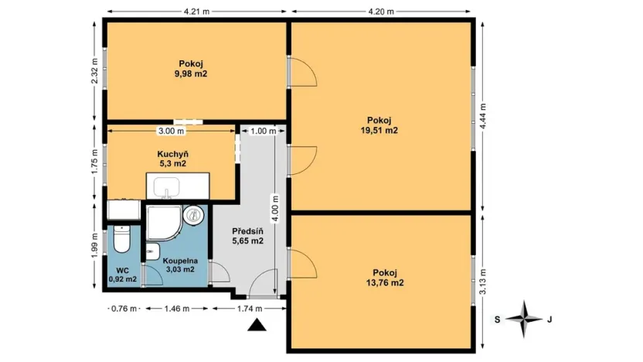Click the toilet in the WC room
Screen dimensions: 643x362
click(121, 239)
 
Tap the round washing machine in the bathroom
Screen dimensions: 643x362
click(193, 215)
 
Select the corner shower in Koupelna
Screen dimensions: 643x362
click(164, 223)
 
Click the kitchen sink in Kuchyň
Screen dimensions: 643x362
click(166, 188)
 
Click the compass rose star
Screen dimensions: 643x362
click(524, 319)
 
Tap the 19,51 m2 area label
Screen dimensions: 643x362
click(379, 131)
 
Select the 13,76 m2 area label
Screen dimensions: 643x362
click(385, 282)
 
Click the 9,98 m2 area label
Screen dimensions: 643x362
click(191, 74)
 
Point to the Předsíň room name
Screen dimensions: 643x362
click(247, 231)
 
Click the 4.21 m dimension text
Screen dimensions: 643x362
click(196, 12)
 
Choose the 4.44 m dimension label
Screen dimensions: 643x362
click(483, 116)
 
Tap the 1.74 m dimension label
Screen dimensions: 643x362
click(250, 309)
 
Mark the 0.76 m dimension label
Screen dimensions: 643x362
click(124, 309)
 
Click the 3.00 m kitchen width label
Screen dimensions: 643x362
click(171, 131)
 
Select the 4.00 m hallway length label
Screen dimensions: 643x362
click(275, 209)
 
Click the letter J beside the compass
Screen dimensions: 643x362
click(550, 319)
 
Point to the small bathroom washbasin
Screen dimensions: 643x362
click(152, 251)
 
